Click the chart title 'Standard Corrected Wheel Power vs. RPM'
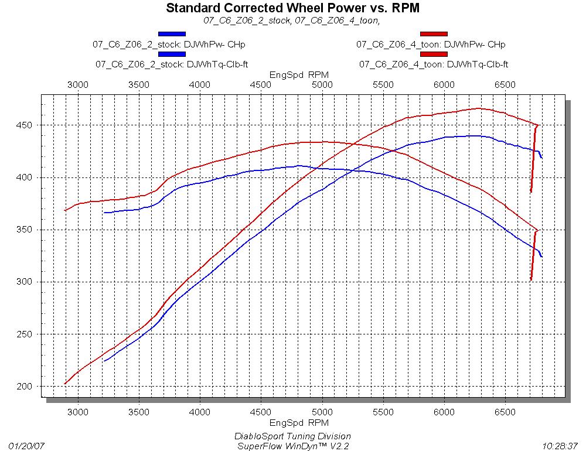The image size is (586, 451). pos(293,8)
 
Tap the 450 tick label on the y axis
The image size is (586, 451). pos(26,125)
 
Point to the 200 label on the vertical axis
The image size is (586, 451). pos(26,387)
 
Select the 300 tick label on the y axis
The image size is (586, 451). pos(26,282)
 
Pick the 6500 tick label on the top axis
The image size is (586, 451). pos(505,85)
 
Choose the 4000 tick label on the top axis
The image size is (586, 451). pos(200,85)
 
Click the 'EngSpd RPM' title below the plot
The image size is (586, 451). pos(299,422)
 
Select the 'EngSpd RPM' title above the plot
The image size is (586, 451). pos(299,75)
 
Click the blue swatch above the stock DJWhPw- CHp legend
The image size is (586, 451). pos(172,34)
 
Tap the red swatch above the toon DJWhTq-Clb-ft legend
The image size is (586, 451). pos(434,54)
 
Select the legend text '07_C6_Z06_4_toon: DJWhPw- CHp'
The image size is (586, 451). pos(431,44)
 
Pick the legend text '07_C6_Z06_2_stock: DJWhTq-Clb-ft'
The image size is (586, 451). pos(172,64)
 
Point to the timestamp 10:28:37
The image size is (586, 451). pos(560,445)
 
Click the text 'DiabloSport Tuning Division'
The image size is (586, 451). pos(293,436)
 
